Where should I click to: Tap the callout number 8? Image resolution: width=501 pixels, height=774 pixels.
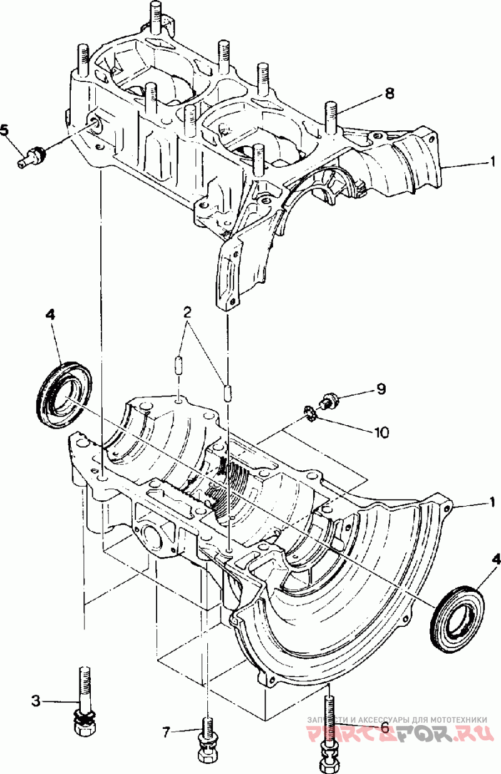coord(389,93)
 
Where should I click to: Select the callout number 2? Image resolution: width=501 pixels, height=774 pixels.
coord(186,312)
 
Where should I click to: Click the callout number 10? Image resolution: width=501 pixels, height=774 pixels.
coord(382,431)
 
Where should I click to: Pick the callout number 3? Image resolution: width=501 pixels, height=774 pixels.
coord(36,701)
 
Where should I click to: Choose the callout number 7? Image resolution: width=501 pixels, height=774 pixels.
coord(166,730)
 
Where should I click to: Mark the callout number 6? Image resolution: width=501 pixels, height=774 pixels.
coord(383,728)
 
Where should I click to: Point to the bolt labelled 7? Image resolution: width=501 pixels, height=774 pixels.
coord(207,739)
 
